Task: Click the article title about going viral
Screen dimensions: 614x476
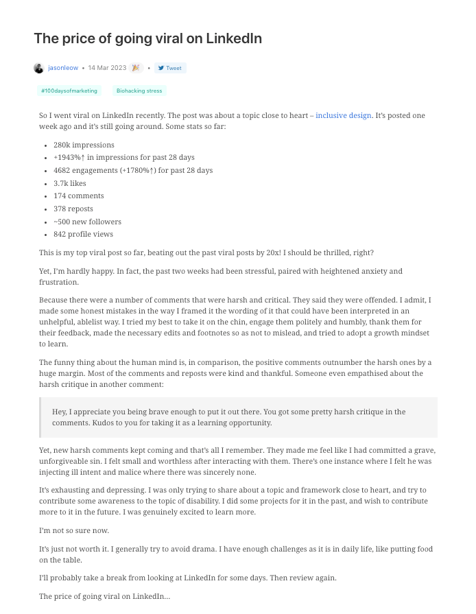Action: coord(147,39)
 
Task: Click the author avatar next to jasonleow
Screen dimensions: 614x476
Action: coord(38,68)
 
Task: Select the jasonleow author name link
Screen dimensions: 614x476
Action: coord(63,68)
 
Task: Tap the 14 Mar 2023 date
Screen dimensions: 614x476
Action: coord(106,68)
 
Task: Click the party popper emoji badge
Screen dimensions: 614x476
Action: coord(136,68)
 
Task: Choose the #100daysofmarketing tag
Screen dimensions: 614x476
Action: coord(69,91)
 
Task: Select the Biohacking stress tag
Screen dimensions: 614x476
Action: coord(139,91)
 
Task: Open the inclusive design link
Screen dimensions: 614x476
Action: coord(343,115)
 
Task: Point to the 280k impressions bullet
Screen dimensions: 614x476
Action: coord(84,145)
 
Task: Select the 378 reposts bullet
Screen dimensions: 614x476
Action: coord(73,209)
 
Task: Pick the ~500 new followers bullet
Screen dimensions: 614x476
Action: coord(87,222)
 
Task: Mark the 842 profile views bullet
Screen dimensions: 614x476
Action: coord(83,234)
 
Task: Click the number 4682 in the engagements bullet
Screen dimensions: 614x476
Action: coord(62,171)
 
